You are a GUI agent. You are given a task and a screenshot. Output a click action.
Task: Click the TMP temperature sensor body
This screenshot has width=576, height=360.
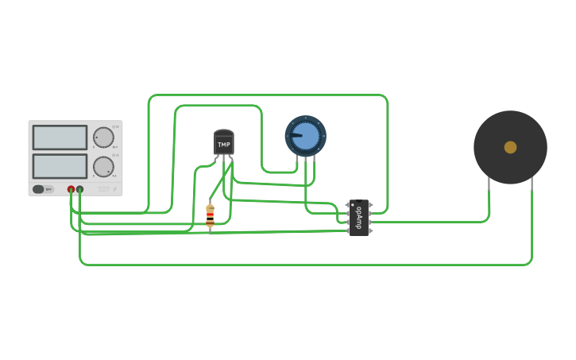click(224, 143)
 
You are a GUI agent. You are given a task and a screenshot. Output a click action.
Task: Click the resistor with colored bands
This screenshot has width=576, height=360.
click(210, 216)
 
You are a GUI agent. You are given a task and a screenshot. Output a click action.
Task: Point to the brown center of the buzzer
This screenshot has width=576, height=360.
click(510, 147)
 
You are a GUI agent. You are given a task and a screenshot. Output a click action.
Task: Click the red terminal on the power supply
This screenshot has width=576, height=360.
click(71, 189)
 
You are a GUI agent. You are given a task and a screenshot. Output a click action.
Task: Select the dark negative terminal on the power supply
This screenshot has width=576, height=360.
click(80, 189)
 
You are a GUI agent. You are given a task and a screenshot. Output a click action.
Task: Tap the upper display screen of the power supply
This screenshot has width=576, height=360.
click(60, 137)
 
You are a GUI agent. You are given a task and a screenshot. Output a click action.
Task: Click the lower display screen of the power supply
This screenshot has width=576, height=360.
click(60, 166)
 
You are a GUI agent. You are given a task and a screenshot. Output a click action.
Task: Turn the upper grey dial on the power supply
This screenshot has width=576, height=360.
click(103, 137)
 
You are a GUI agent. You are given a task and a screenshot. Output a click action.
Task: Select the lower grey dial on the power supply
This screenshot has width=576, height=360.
click(103, 166)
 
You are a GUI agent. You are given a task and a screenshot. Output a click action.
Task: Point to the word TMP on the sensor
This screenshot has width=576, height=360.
click(224, 145)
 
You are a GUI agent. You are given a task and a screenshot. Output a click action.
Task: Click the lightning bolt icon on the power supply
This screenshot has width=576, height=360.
click(114, 189)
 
